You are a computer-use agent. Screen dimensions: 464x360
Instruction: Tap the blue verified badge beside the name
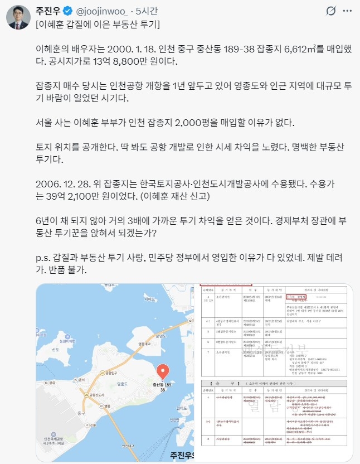[x=69, y=11]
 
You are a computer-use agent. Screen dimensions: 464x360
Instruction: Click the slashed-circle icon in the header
[x=330, y=11]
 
